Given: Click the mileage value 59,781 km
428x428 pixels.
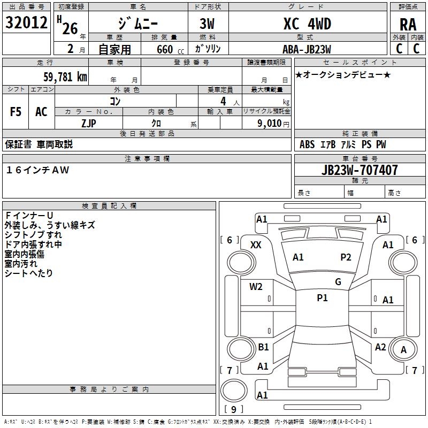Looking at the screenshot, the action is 65,77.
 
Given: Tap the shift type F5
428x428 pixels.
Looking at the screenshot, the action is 16,112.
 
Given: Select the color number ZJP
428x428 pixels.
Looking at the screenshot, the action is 89,123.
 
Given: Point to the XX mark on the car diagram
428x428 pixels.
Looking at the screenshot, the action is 256,244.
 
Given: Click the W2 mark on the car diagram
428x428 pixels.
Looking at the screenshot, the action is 256,286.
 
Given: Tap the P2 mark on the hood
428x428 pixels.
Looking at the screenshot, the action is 346,257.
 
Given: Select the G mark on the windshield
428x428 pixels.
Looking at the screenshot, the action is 338,281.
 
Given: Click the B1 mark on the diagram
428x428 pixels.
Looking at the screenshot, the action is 263,347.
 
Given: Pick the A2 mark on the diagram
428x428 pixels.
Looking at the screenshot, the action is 380,347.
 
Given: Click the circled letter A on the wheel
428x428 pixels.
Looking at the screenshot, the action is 403,350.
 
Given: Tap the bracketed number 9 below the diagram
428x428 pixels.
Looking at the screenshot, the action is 233,410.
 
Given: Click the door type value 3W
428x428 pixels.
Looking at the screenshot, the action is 208,24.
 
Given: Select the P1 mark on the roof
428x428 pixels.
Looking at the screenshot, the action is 322,298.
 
